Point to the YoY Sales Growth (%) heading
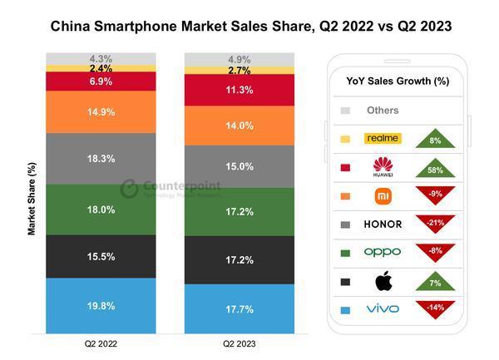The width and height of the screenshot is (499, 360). tap(397, 81)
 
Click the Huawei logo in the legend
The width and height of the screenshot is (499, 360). tap(383, 166)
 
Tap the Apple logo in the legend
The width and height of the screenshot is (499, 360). tap(383, 280)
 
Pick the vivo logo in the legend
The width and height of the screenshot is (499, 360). tap(383, 308)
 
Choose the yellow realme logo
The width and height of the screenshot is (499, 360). tap(383, 138)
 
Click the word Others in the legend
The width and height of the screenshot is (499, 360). tap(382, 110)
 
